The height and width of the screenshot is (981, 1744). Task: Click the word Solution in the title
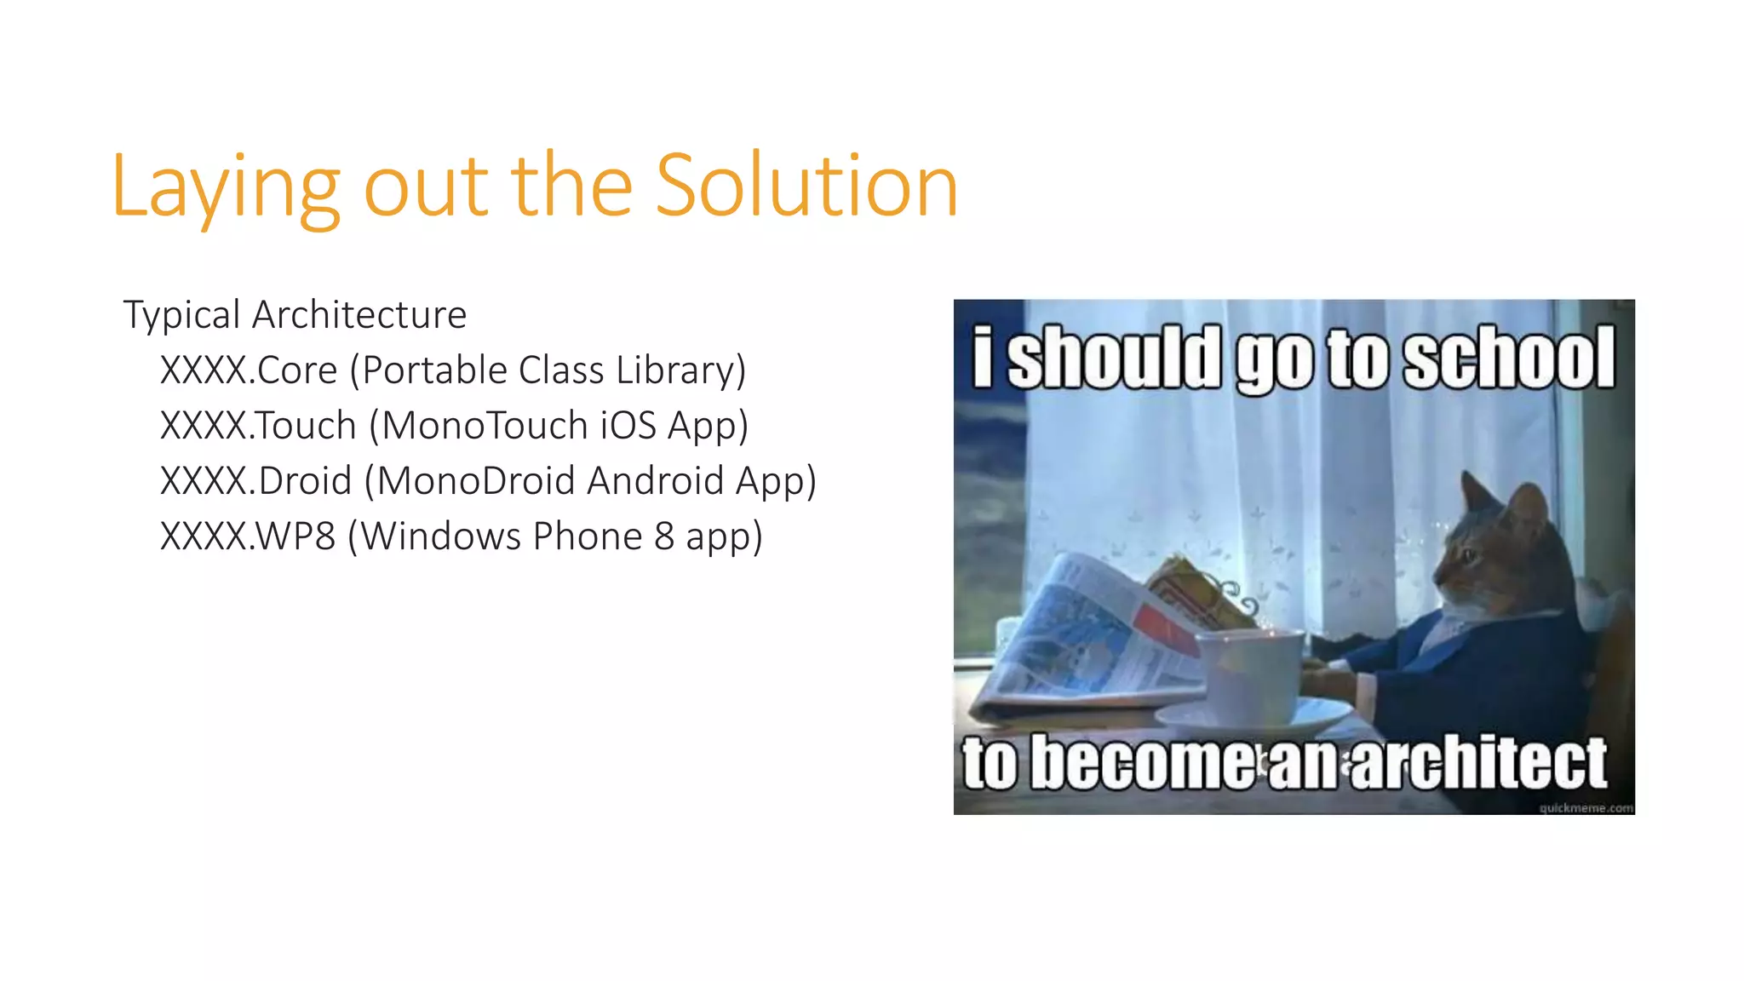[x=806, y=186]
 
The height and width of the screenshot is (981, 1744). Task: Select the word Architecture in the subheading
[x=359, y=314]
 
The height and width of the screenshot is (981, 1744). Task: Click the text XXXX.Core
[x=249, y=370]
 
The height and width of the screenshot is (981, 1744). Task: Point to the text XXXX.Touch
[x=258, y=426]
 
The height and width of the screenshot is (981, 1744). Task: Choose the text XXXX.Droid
[x=255, y=481]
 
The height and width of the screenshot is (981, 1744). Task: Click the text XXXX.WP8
[x=248, y=536]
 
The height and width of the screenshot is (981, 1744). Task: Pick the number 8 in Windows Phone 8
[x=664, y=536]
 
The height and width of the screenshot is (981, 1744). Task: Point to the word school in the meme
[x=1508, y=358]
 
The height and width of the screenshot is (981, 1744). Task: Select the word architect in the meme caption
[x=1477, y=762]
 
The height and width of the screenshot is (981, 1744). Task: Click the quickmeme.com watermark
[x=1586, y=807]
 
